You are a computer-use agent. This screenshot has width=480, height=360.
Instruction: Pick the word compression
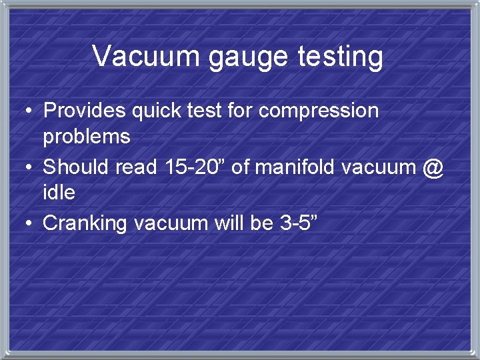click(x=319, y=111)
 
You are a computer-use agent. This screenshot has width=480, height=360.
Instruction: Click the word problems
click(x=87, y=137)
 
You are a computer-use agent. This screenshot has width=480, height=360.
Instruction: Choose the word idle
click(x=59, y=193)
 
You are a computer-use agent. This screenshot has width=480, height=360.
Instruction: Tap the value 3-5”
click(x=297, y=223)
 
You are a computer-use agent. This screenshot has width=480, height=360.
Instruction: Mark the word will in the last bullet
click(x=228, y=223)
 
